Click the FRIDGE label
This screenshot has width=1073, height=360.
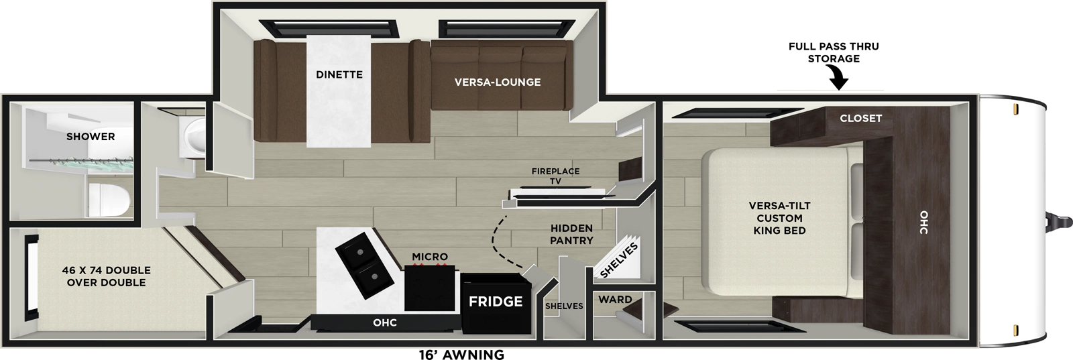(496, 302)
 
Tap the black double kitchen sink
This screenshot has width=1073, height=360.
(358, 261)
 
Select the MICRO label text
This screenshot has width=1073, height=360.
(430, 257)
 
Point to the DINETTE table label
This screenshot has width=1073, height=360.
(339, 74)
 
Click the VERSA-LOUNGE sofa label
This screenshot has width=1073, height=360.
(498, 82)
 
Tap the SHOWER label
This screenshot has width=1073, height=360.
(91, 136)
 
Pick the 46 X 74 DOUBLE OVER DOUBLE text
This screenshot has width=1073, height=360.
(106, 276)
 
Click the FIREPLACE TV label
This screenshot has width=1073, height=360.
(555, 176)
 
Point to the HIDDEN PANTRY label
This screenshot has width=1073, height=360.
(571, 234)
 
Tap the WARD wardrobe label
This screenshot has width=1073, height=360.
(615, 300)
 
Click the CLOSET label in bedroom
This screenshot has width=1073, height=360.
(860, 118)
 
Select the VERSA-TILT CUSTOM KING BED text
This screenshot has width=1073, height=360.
(779, 218)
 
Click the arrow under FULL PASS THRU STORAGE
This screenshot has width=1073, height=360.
(838, 81)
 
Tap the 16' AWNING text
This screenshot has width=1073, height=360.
(461, 355)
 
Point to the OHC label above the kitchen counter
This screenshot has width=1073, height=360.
(385, 322)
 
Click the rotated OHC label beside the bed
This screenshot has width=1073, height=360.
(923, 222)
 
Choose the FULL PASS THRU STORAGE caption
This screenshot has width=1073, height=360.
(834, 52)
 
